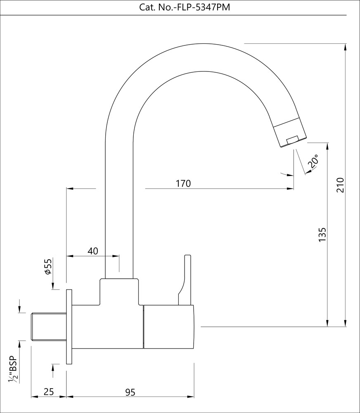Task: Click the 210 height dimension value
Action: point(340,185)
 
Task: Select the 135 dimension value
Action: point(323,234)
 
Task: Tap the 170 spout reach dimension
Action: point(183,183)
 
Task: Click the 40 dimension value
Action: point(93,251)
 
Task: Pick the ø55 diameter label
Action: point(48,267)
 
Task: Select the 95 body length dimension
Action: point(130,392)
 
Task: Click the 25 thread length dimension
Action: point(49,392)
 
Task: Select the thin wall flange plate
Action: point(69,326)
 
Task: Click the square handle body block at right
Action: point(168,327)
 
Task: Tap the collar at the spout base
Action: point(119,291)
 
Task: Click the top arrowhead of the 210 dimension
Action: point(345,46)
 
